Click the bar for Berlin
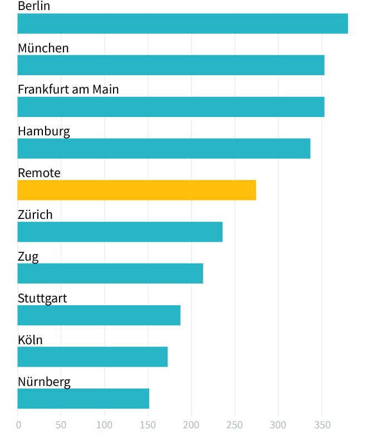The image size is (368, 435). pyautogui.click(x=183, y=23)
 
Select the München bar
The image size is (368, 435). pyautogui.click(x=171, y=65)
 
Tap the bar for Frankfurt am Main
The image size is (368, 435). pyautogui.click(x=171, y=107)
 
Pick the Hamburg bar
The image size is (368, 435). pyautogui.click(x=164, y=149)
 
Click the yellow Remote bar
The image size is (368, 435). pyautogui.click(x=137, y=190)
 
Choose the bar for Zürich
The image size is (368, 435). pyautogui.click(x=120, y=232)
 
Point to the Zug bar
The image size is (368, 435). pyautogui.click(x=110, y=273)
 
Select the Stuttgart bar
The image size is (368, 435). pyautogui.click(x=99, y=315)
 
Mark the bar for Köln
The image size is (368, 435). pyautogui.click(x=92, y=357)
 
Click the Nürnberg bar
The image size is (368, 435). pyautogui.click(x=84, y=399)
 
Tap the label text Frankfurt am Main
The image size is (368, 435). pyautogui.click(x=68, y=89)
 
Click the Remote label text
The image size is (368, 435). pyautogui.click(x=39, y=173)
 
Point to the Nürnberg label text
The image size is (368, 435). pyautogui.click(x=44, y=382)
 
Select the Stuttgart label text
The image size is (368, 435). pyautogui.click(x=42, y=298)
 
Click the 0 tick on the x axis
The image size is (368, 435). pyautogui.click(x=18, y=425)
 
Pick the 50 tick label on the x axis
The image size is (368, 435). pyautogui.click(x=61, y=425)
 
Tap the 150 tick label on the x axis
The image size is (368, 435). pyautogui.click(x=148, y=425)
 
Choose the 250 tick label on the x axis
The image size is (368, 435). pyautogui.click(x=235, y=425)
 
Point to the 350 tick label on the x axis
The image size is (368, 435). pyautogui.click(x=322, y=425)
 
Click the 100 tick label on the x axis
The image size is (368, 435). pyautogui.click(x=105, y=425)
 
